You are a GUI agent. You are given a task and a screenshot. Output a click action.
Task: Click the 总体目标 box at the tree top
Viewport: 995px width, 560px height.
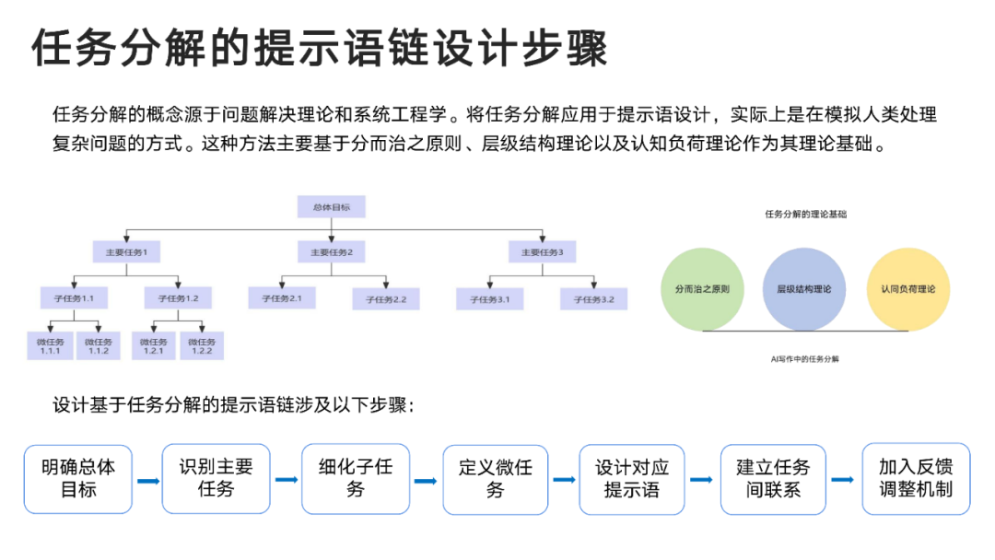331,207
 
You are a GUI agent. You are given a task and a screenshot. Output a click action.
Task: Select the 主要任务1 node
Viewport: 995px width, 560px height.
126,251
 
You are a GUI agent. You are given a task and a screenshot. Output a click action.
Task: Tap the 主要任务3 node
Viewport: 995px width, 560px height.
542,251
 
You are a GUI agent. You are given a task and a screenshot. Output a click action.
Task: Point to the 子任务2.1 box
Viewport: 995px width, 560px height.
282,298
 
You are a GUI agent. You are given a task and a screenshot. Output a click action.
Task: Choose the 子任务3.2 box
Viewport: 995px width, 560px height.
594,298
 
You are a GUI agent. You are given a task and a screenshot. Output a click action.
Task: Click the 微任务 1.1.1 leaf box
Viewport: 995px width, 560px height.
50,345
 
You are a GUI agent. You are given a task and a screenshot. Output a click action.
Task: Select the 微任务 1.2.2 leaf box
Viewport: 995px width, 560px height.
202,345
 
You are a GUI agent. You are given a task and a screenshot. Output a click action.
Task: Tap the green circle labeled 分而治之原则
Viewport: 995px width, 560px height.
702,289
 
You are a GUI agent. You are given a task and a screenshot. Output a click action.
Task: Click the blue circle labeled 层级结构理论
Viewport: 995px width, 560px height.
803,289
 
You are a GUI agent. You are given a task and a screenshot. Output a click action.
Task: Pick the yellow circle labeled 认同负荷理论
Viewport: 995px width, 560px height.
907,289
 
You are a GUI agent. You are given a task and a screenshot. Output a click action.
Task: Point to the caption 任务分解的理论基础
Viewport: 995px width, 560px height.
805,214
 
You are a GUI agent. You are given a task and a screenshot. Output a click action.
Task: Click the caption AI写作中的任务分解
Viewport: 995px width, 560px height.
805,359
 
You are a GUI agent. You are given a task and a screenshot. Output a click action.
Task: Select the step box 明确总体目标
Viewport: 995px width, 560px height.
78,478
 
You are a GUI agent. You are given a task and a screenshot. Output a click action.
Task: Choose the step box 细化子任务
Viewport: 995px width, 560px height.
356,478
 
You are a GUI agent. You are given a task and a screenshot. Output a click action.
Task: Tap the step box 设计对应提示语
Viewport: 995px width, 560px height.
632,478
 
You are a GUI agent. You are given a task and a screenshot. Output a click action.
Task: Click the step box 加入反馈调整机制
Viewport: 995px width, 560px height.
915,478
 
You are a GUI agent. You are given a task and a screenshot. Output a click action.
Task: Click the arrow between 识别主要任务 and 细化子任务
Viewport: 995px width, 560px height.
287,480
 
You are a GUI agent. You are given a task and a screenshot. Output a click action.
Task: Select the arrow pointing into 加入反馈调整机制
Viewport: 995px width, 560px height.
842,480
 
